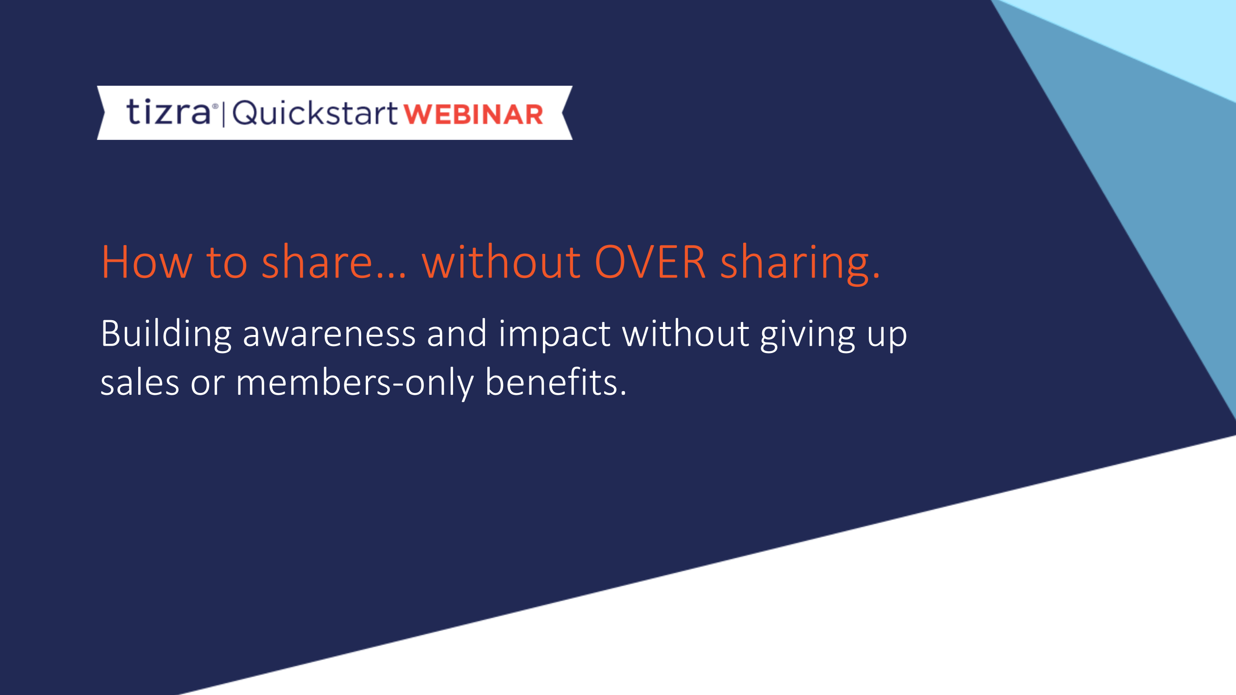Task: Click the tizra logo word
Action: point(168,112)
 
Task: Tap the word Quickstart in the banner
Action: point(315,114)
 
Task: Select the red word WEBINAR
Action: point(473,115)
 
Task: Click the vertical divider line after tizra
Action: point(223,114)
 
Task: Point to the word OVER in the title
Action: point(650,262)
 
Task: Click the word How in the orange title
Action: point(147,262)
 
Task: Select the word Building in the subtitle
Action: point(166,335)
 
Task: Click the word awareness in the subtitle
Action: point(329,335)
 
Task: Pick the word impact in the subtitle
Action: point(554,335)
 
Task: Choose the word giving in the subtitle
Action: point(808,335)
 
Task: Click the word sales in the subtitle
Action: point(140,383)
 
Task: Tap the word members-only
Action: point(355,383)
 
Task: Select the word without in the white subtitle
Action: point(686,333)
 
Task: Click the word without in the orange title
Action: point(501,262)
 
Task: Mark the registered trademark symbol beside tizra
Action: point(215,106)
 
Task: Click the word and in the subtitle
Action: point(457,333)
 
